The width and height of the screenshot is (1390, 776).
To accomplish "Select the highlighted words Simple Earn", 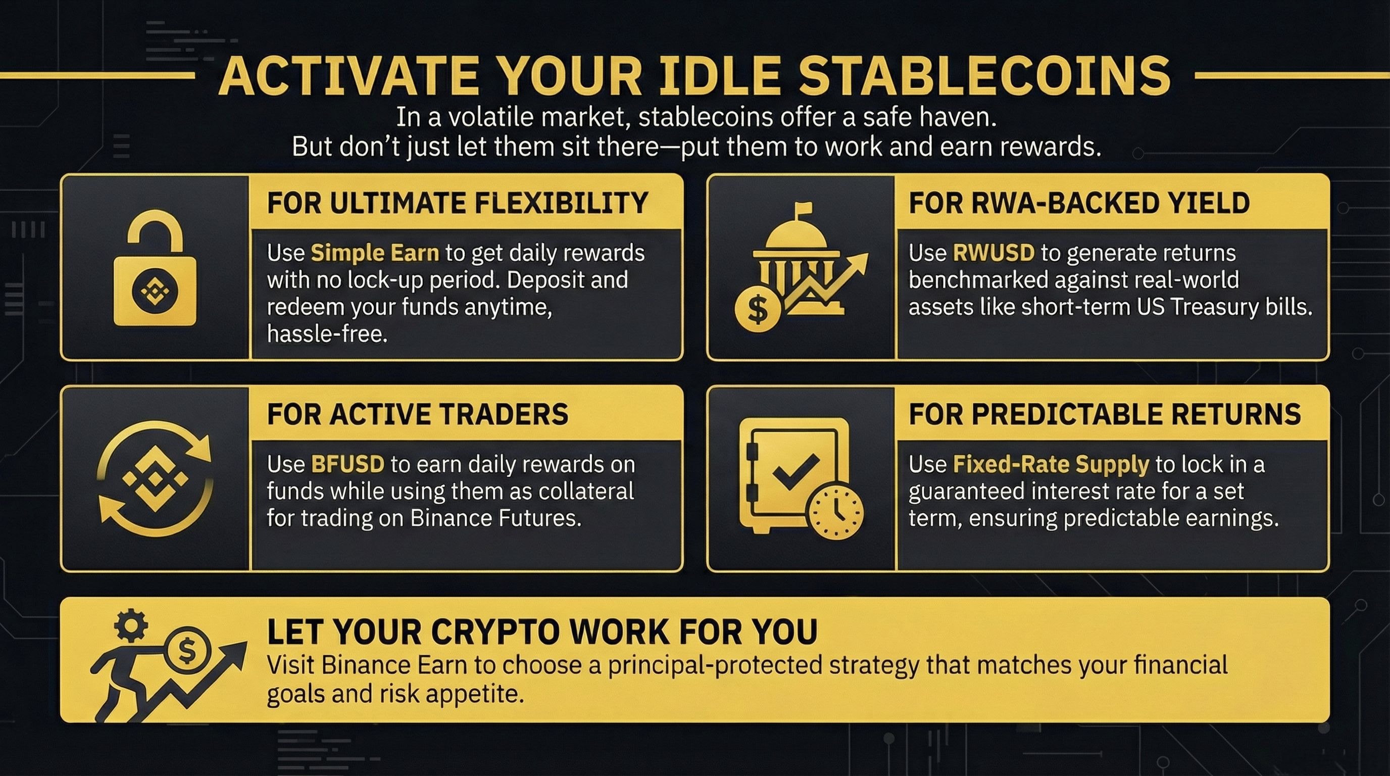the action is pyautogui.click(x=375, y=253).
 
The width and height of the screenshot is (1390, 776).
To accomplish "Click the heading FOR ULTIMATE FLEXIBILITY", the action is pyautogui.click(x=457, y=203).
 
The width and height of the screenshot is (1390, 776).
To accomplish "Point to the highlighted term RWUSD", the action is pyautogui.click(x=994, y=253).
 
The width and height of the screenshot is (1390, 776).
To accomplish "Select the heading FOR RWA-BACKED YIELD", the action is pyautogui.click(x=1079, y=203).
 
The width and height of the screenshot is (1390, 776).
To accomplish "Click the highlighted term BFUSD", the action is pyautogui.click(x=347, y=464).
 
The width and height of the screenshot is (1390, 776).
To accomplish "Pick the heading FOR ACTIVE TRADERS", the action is pyautogui.click(x=418, y=414).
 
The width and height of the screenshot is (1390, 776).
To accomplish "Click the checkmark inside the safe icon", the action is pyautogui.click(x=796, y=469).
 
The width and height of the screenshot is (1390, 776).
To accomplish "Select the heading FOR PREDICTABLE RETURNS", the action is pyautogui.click(x=1105, y=414).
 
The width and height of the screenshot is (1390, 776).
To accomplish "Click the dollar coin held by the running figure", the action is pyautogui.click(x=186, y=651).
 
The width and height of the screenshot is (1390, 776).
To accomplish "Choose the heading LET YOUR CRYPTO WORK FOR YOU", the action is pyautogui.click(x=542, y=632).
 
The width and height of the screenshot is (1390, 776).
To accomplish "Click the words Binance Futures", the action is pyautogui.click(x=496, y=518).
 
